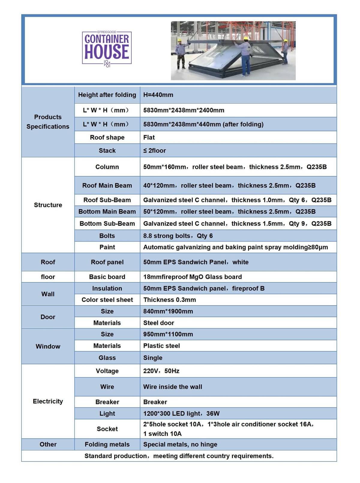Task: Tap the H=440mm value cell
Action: click(158, 95)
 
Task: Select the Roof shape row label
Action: click(107, 137)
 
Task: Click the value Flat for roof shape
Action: click(149, 137)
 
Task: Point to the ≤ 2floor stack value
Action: click(154, 151)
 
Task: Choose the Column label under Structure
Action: click(107, 167)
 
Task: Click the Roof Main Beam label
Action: click(107, 185)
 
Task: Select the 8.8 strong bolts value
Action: click(178, 236)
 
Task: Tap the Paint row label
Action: click(107, 247)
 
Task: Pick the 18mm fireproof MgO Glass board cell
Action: click(192, 277)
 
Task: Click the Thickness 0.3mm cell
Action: click(169, 300)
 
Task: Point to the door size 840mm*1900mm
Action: click(168, 311)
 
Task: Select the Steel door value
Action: click(158, 323)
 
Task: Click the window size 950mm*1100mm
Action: click(168, 334)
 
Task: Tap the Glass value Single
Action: click(153, 358)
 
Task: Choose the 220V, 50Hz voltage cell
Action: click(161, 371)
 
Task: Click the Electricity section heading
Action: click(48, 401)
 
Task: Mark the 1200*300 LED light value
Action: click(181, 413)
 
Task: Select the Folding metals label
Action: click(107, 444)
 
